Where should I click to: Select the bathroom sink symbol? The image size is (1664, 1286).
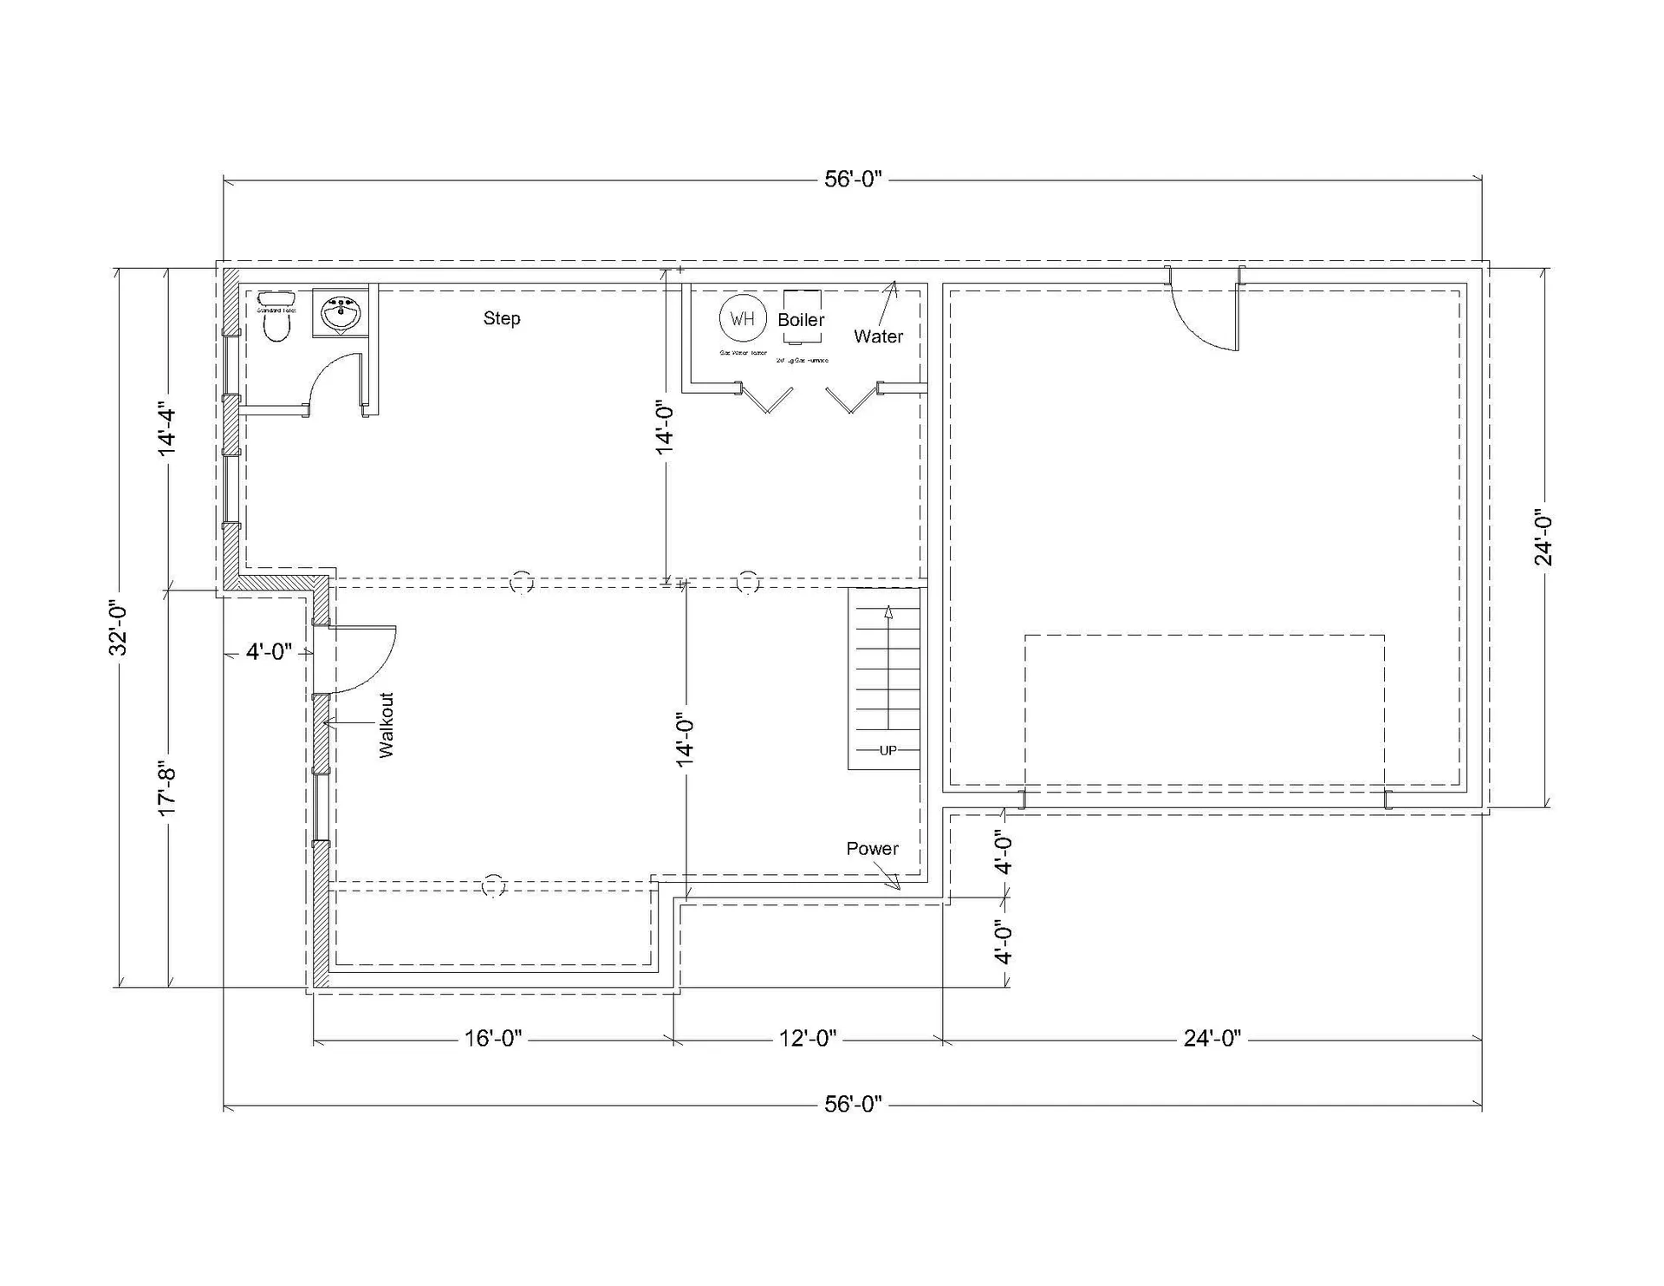click(340, 313)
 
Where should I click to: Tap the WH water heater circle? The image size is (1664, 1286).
click(743, 318)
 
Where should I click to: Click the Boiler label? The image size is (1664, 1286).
click(801, 320)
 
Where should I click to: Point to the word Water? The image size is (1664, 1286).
click(878, 336)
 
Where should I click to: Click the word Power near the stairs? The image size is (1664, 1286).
click(872, 849)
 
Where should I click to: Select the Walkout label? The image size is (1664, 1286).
click(387, 725)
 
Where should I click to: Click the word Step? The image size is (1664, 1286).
click(502, 318)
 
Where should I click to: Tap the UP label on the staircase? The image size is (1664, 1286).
click(888, 751)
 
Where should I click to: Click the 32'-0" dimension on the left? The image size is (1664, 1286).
click(119, 629)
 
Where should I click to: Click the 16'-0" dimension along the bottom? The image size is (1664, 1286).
click(493, 1038)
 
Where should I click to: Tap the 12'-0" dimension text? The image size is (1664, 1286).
click(808, 1038)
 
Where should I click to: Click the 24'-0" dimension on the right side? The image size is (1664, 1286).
click(1544, 538)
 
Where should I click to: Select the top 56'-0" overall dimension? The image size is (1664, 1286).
click(853, 180)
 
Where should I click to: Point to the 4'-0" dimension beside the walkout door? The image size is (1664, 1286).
click(270, 652)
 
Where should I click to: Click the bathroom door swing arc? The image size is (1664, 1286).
click(334, 377)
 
